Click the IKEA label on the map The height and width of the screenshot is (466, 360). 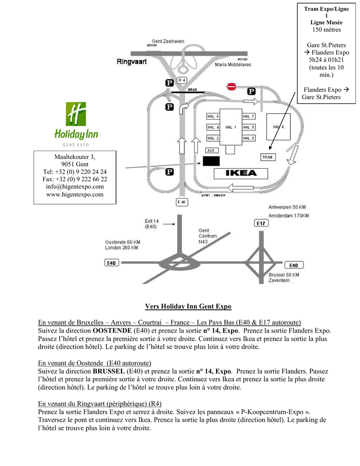[241, 173]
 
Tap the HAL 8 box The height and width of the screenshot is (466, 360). [278, 127]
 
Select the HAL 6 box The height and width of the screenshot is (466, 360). [213, 116]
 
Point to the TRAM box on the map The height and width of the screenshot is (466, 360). [267, 157]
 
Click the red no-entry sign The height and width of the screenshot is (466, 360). [232, 86]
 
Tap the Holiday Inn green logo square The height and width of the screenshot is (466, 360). [76, 114]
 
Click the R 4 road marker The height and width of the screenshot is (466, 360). [182, 81]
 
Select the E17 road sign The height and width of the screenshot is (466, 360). [261, 223]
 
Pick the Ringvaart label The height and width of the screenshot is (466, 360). [132, 62]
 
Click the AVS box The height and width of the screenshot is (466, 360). [211, 150]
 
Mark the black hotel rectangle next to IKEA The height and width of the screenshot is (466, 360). [211, 161]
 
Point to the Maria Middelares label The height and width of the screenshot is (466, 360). [233, 65]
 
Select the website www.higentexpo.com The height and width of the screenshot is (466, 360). [75, 194]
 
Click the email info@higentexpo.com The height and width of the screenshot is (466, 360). [75, 187]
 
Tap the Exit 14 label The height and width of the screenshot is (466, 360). [152, 223]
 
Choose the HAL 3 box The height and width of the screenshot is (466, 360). [248, 138]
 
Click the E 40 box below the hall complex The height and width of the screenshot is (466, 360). [181, 202]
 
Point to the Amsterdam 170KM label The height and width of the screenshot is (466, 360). [289, 215]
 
